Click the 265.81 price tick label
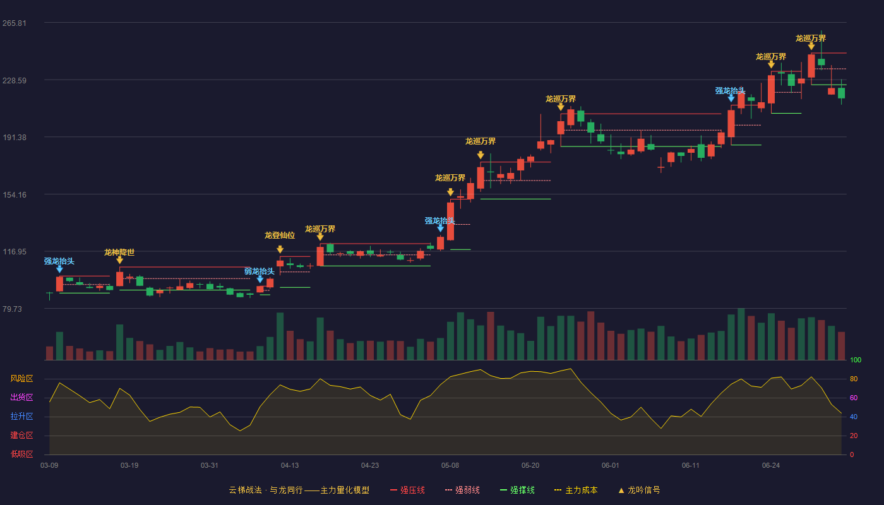[x=15, y=23]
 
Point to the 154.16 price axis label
[x=15, y=195]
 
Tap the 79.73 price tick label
[x=12, y=309]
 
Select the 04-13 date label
[x=290, y=466]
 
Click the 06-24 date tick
[x=771, y=466]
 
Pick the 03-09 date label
[x=49, y=466]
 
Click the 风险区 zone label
[x=21, y=379]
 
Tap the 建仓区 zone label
[x=21, y=436]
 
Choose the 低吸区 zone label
[x=21, y=454]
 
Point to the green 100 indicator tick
[x=856, y=360]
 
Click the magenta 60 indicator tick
[x=854, y=398]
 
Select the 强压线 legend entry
[x=407, y=490]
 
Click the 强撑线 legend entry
[x=517, y=490]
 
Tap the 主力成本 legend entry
[x=576, y=490]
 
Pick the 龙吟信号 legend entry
[x=639, y=490]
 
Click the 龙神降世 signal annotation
[x=119, y=252]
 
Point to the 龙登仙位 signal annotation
[x=280, y=235]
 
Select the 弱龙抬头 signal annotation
[x=260, y=271]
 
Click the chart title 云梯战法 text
[x=245, y=490]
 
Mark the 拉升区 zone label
[x=21, y=417]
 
